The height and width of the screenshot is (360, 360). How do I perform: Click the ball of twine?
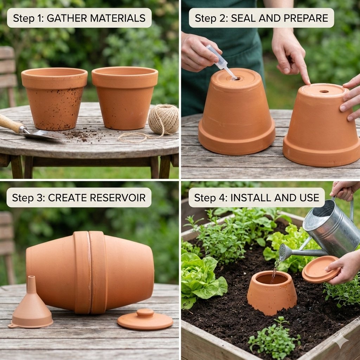(163, 119)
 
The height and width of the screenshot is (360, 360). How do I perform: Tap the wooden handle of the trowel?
(9, 123)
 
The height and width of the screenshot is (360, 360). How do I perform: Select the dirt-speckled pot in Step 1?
(54, 98)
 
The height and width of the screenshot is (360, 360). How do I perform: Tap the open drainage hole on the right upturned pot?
(324, 91)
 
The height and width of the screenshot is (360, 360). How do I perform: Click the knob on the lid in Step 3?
(145, 313)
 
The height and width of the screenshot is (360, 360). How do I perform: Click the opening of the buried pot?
(272, 279)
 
